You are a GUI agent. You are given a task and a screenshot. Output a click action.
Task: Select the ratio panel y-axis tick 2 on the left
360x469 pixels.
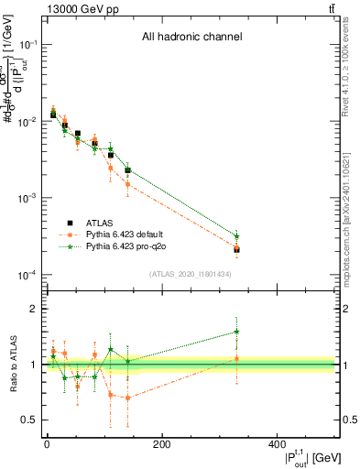coord(34,309)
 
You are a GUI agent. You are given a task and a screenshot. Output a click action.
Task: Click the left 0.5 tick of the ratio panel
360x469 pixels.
coord(30,420)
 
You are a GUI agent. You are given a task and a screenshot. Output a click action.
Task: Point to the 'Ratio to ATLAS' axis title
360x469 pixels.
coord(12,365)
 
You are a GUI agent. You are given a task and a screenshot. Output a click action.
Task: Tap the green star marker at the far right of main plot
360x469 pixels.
coord(236,235)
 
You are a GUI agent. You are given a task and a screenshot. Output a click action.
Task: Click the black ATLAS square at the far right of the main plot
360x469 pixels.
coord(236,249)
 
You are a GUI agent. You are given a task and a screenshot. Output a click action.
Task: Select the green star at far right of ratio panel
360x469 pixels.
coord(236,332)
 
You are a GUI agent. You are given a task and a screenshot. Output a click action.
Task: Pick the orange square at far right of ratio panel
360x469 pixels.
coord(236,358)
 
